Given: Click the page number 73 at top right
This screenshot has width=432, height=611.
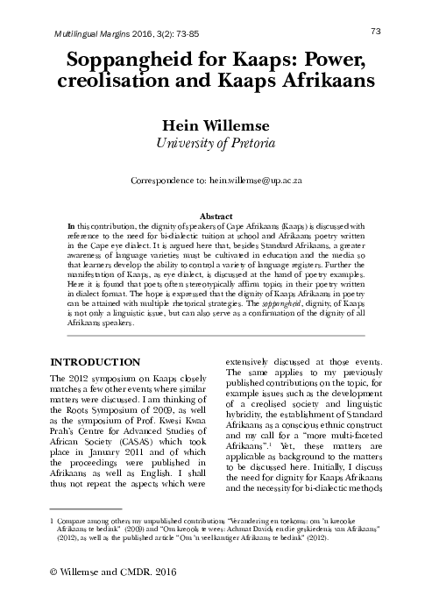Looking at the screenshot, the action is pos(377,32).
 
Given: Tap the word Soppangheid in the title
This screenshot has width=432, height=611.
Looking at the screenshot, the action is pos(124,63).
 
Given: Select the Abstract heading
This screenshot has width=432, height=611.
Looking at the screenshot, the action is pos(216,213).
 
